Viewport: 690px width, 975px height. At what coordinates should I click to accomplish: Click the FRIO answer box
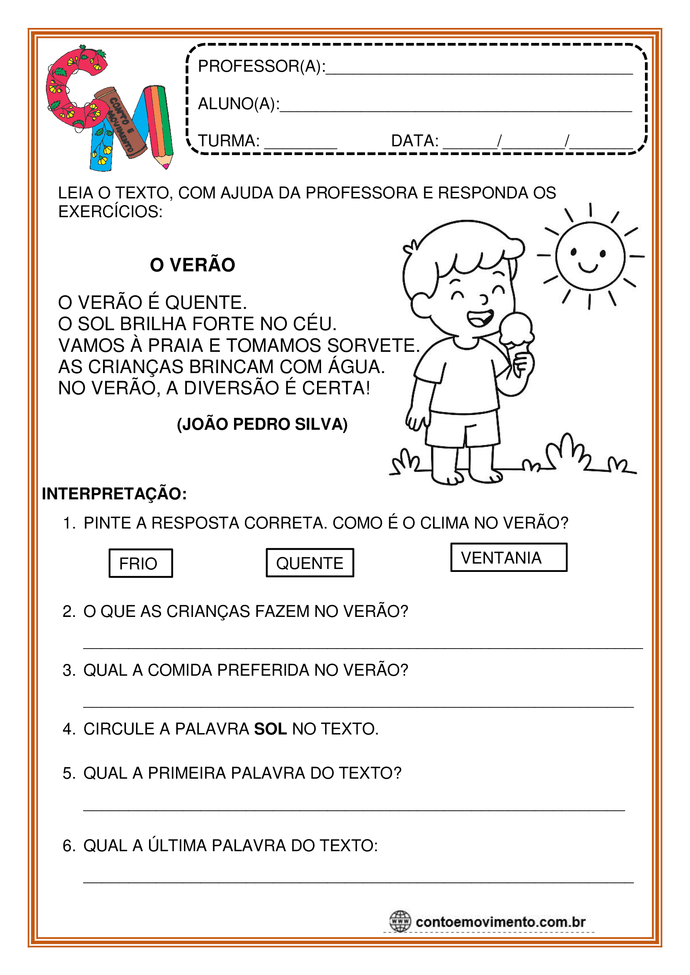pyautogui.click(x=141, y=563)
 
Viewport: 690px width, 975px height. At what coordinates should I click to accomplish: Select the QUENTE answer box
pyautogui.click(x=310, y=563)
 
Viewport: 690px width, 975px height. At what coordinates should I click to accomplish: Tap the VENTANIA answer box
pyautogui.click(x=509, y=557)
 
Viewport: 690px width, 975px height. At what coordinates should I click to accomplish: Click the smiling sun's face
pyautogui.click(x=590, y=256)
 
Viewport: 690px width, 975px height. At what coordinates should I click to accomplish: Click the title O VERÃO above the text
pyautogui.click(x=192, y=265)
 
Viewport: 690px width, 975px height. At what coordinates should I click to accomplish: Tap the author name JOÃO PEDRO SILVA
pyautogui.click(x=262, y=424)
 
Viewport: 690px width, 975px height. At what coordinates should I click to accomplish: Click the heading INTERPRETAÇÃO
pyautogui.click(x=114, y=494)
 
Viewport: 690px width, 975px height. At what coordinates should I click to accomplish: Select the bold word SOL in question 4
pyautogui.click(x=270, y=729)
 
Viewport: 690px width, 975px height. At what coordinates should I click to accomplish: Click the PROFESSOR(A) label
pyautogui.click(x=261, y=66)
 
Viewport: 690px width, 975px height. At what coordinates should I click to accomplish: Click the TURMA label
pyautogui.click(x=229, y=140)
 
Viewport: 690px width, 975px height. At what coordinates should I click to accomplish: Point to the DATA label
pyautogui.click(x=415, y=140)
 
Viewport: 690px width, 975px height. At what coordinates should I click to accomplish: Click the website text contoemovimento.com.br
pyautogui.click(x=501, y=922)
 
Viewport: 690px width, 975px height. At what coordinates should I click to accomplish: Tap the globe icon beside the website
pyautogui.click(x=400, y=922)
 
